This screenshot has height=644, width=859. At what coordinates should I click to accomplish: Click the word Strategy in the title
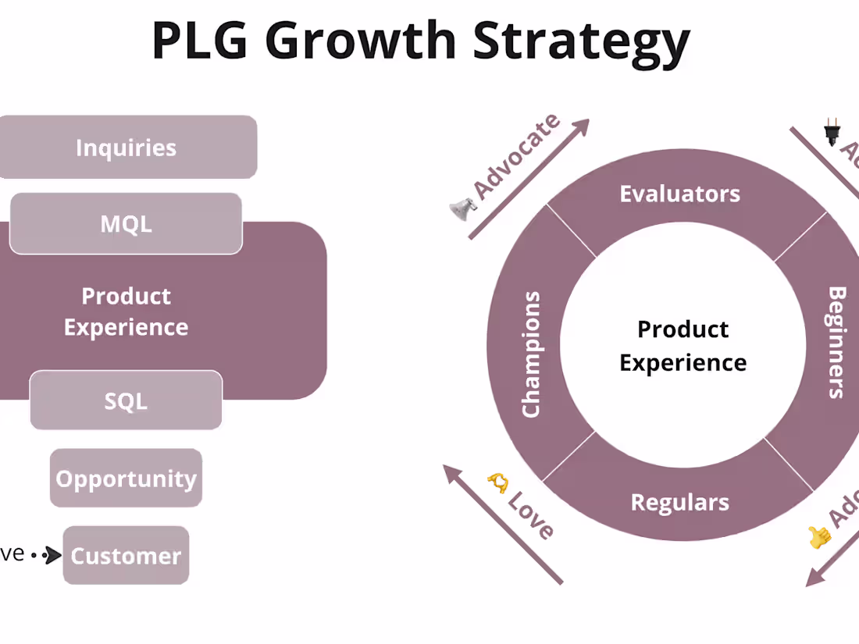tap(582, 41)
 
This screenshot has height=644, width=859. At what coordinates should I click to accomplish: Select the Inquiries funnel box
tap(127, 148)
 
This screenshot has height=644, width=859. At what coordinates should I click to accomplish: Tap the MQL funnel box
tap(127, 224)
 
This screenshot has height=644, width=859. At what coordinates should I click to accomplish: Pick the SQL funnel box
tap(127, 401)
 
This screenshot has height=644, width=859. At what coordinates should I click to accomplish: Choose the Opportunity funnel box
tap(127, 479)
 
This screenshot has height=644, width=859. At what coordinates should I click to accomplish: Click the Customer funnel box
tap(127, 556)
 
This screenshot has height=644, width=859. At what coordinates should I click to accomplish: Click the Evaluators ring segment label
tap(679, 194)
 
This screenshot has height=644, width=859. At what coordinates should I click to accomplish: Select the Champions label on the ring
tap(531, 354)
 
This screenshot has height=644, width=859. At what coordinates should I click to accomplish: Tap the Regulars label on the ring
tap(679, 502)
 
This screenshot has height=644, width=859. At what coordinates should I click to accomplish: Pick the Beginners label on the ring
tap(836, 343)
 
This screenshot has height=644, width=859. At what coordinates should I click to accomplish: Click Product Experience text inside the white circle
tap(683, 346)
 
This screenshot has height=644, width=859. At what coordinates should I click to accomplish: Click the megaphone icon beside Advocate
tap(462, 208)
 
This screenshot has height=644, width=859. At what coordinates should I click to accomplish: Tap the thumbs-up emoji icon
tap(818, 536)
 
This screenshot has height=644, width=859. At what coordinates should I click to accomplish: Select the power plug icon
tap(832, 133)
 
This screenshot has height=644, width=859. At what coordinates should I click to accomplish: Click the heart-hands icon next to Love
tap(497, 482)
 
